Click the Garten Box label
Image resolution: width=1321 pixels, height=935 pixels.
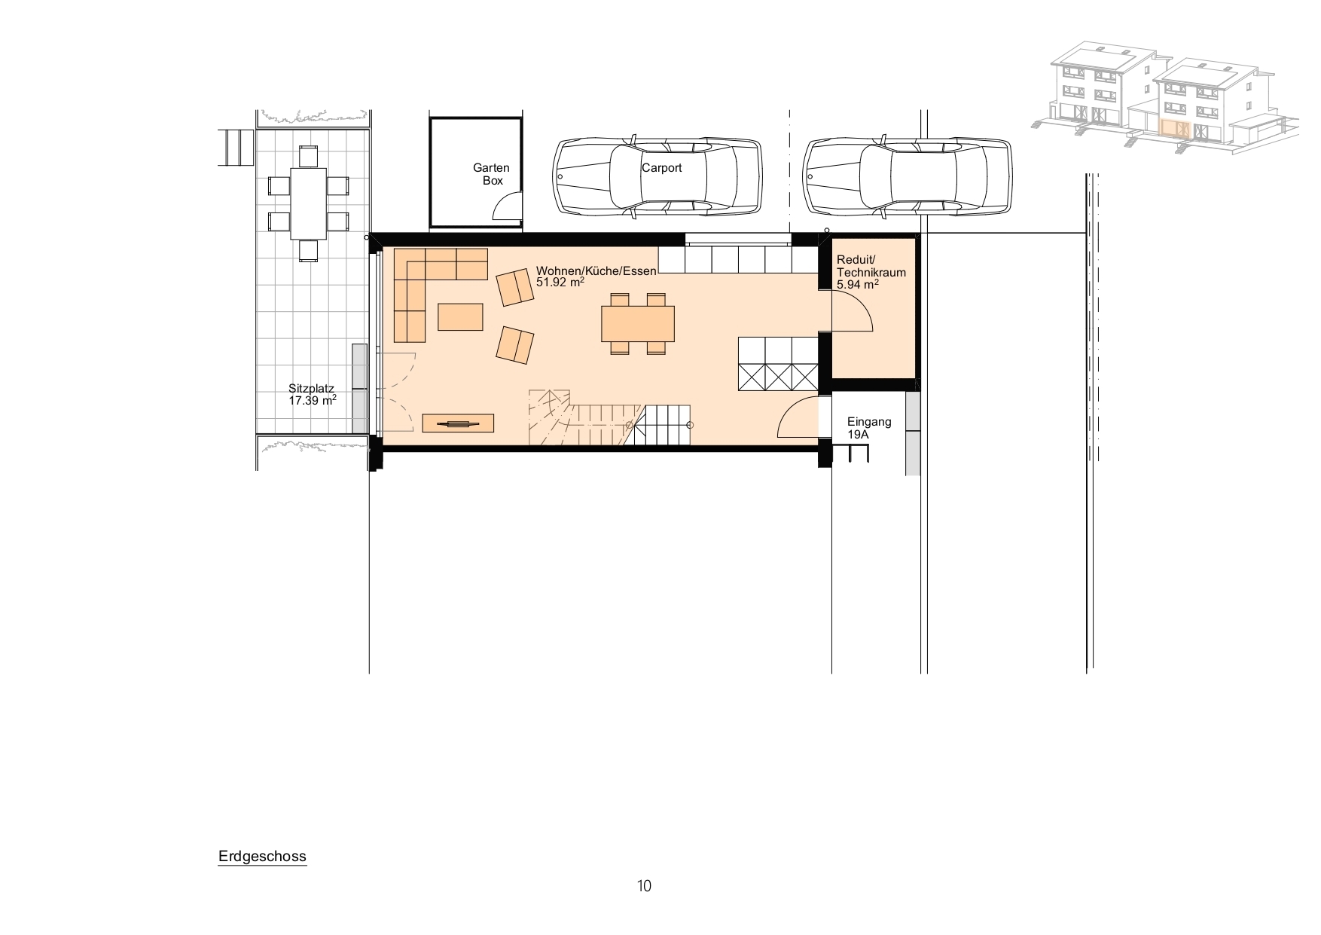coord(491,174)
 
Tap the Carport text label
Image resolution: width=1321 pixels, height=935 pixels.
coord(661,168)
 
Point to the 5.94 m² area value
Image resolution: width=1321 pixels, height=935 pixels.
coord(858,285)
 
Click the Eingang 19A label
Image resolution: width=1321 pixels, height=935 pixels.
coord(868,428)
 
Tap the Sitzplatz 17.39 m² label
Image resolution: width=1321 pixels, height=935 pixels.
coord(312,395)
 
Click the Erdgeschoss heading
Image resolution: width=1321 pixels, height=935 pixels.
coord(262,857)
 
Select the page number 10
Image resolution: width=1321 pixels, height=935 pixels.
coord(644,886)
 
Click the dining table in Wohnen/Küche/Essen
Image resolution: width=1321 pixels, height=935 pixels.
coord(638,323)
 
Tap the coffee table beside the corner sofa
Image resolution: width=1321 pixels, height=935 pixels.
coord(460,316)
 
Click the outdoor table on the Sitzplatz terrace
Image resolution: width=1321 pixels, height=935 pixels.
coord(308,203)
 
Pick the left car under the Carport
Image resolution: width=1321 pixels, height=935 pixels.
coord(657,178)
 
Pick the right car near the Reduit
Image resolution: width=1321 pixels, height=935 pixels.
coord(906,178)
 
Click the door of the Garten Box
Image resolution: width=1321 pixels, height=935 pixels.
coord(508,205)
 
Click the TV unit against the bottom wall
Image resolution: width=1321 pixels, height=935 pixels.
coord(458,423)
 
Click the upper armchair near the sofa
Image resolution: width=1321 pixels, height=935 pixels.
coord(514,288)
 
